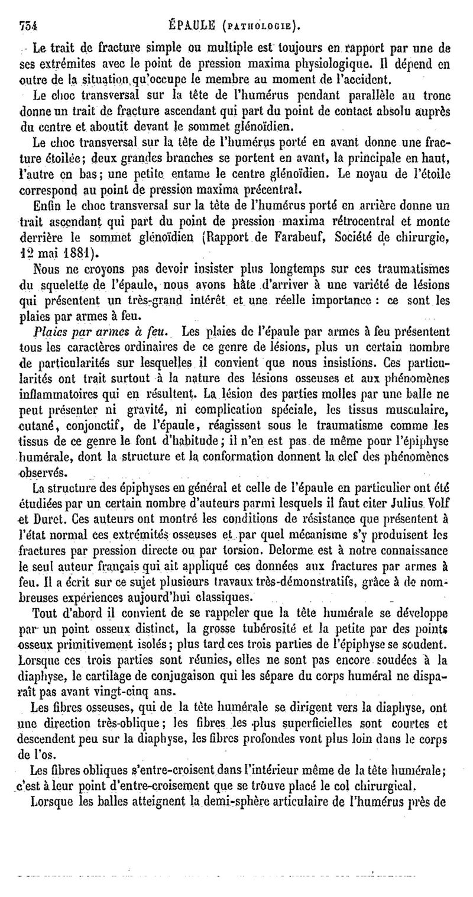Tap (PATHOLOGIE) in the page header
262,26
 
